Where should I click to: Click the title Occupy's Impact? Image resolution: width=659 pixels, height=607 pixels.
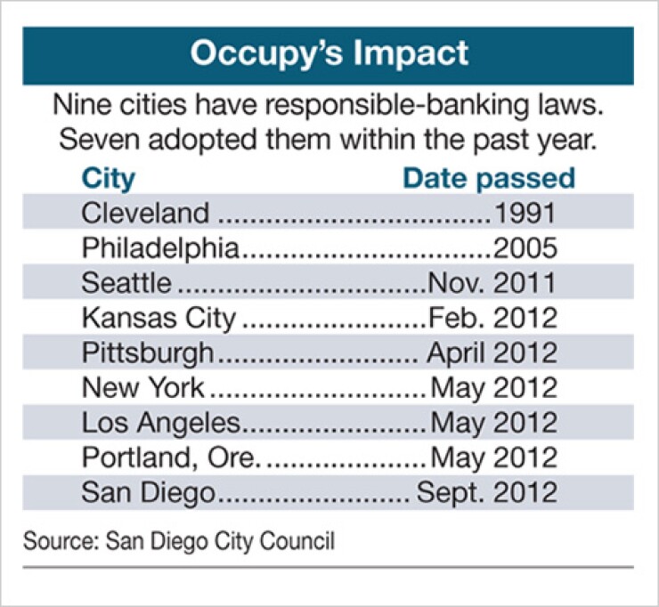(x=329, y=53)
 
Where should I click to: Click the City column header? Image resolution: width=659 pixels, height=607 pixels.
(x=108, y=178)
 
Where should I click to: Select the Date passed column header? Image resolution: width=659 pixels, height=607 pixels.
(x=489, y=178)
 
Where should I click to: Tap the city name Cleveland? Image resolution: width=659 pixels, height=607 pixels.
(x=145, y=214)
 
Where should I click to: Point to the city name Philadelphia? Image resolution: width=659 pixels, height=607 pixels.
(x=161, y=248)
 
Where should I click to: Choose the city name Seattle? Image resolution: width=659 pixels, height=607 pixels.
(x=126, y=283)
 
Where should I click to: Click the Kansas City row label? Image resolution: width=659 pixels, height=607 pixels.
(x=159, y=318)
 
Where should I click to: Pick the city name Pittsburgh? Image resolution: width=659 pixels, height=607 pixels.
(x=148, y=352)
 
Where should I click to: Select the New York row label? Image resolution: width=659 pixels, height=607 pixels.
(x=142, y=387)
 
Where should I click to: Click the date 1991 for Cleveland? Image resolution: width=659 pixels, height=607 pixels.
(x=525, y=214)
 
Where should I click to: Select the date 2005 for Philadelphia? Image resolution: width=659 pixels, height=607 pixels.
(x=525, y=248)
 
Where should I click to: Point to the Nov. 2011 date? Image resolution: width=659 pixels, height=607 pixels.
(x=492, y=283)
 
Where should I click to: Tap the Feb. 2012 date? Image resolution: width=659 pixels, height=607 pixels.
(x=492, y=318)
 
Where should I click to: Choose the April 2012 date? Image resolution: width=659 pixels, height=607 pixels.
(x=492, y=352)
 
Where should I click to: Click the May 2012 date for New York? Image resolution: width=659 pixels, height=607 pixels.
(x=494, y=387)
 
